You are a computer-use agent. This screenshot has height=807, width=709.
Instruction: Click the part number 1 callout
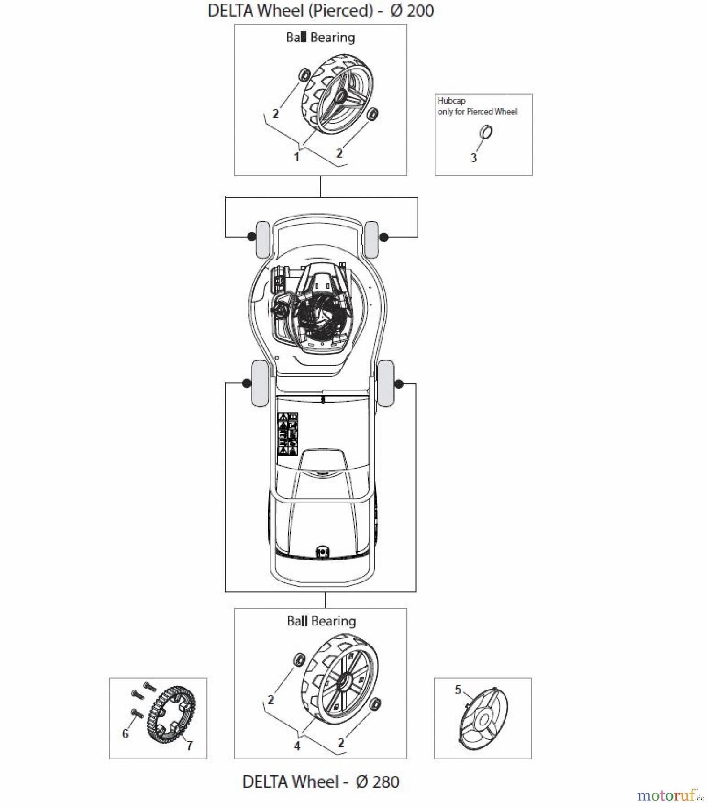pos(296,157)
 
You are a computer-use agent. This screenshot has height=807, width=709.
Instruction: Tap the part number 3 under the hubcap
pos(474,158)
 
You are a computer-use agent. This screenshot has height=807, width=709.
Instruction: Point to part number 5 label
pos(457,690)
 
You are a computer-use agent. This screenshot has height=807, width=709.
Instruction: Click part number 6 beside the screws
pos(126,733)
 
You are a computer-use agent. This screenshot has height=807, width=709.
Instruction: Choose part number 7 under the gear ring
pos(190,745)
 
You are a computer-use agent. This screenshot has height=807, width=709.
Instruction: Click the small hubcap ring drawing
pos(486,132)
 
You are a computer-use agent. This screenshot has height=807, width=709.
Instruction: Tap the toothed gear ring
pos(172,716)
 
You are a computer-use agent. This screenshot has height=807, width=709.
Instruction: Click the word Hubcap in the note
pos(451,101)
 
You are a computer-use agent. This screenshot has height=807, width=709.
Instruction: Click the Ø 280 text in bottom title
pos(377,781)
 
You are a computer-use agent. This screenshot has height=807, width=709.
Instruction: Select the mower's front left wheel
pos(262,239)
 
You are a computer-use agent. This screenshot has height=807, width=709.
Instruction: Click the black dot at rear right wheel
pos(399,384)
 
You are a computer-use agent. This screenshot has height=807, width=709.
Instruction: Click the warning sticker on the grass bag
pos(287,434)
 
